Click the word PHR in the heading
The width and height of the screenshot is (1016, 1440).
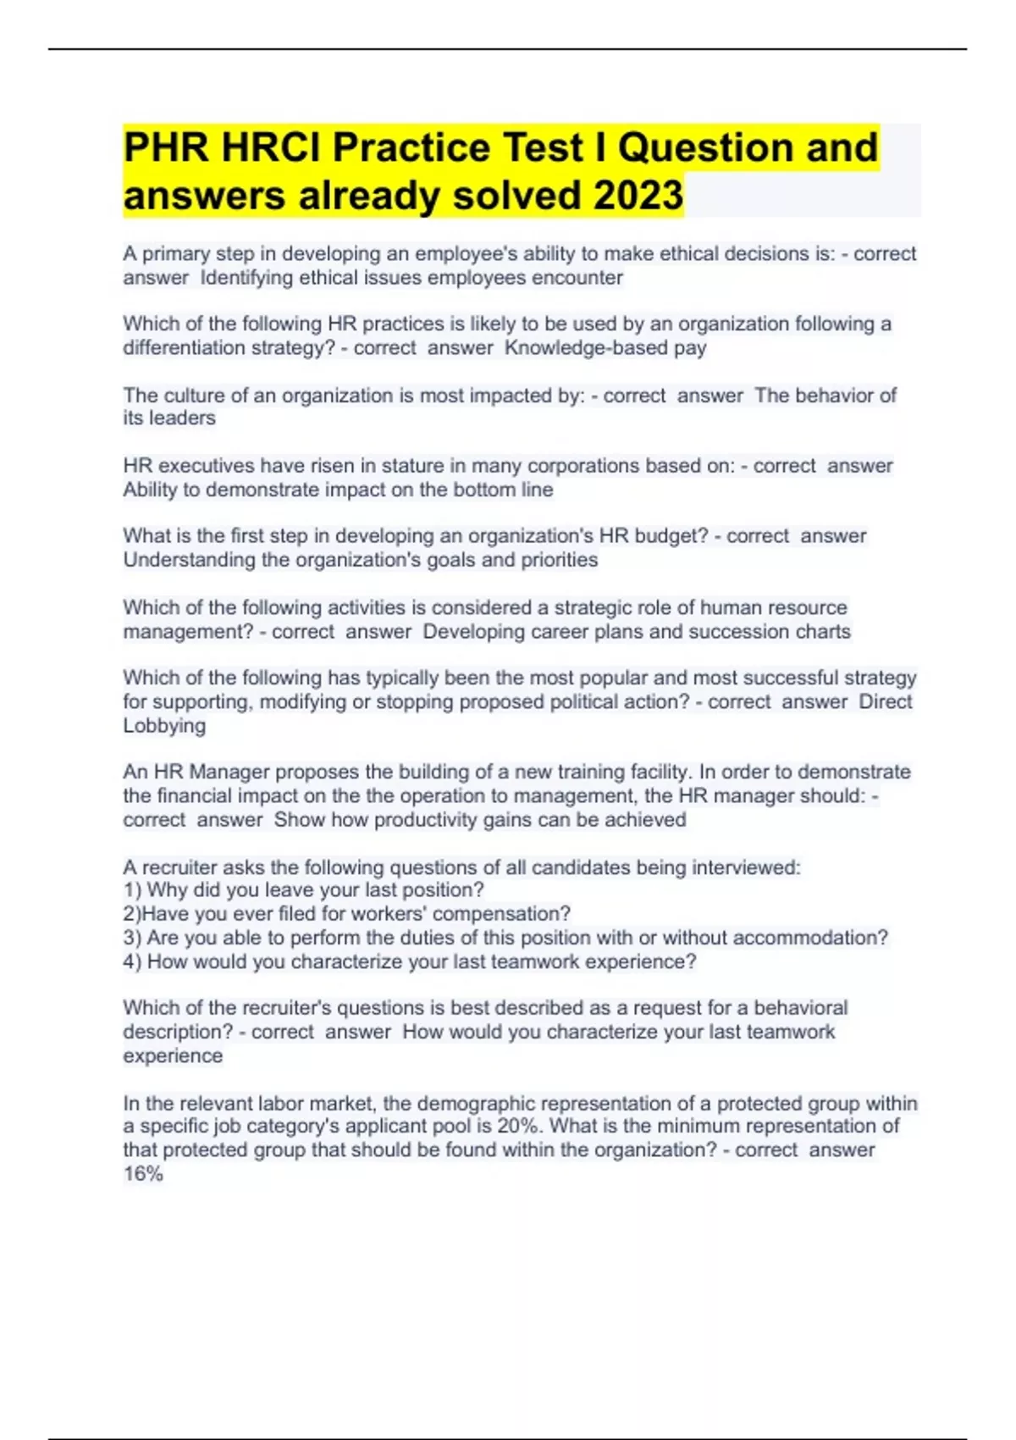point(166,148)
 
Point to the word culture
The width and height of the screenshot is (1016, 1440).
point(193,396)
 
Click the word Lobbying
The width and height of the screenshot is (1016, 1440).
point(164,726)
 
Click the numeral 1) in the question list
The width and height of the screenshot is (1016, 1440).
point(132,890)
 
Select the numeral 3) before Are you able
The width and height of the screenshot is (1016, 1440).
point(132,938)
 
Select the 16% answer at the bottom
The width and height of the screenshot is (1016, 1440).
point(143,1174)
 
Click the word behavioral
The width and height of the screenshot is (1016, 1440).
point(800,1008)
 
